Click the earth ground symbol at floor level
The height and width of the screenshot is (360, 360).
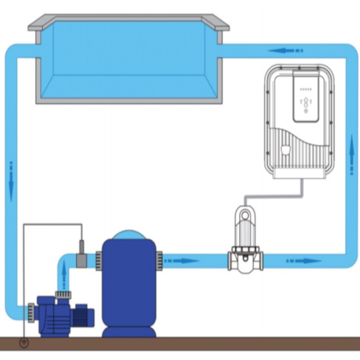(x=24, y=342)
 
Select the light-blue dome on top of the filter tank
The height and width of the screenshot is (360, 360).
(x=129, y=234)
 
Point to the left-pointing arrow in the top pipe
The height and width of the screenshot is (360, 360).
(x=285, y=51)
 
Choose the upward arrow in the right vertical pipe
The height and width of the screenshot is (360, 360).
(x=351, y=155)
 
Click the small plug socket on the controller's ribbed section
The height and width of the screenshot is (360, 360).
(x=286, y=150)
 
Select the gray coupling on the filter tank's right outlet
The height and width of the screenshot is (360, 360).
(x=159, y=259)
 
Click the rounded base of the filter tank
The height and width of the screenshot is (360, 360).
(x=129, y=331)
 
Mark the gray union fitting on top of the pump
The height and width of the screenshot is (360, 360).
(x=63, y=290)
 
